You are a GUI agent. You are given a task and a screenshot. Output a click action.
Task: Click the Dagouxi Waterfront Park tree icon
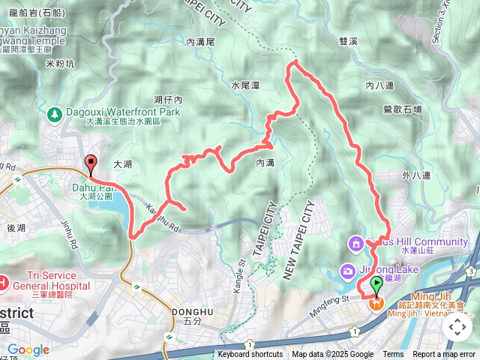53,115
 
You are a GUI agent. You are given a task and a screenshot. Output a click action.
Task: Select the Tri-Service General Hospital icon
4,282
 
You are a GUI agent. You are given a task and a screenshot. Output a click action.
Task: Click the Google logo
28,349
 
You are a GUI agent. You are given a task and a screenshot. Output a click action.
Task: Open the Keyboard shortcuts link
250,355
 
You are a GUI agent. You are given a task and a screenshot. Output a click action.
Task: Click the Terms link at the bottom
393,355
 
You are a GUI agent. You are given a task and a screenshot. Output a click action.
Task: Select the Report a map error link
443,355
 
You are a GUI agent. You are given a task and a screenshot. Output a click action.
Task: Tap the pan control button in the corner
457,327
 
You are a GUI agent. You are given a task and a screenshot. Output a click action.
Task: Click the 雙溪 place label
350,44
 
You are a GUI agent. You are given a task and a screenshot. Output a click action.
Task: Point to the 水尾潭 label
245,85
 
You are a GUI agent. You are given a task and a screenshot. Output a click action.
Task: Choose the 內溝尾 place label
202,43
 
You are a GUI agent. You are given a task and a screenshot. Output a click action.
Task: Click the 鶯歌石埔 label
403,109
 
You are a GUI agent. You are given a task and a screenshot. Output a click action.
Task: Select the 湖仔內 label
167,100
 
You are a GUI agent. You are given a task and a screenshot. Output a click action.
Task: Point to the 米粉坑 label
60,64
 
